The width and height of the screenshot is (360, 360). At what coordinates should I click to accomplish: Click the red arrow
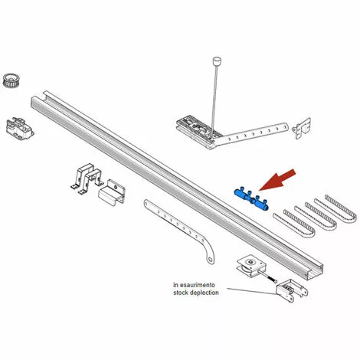[278, 179]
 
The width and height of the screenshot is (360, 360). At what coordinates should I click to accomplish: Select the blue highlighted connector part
[251, 199]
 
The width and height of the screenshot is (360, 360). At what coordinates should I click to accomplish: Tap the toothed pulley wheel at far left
[11, 80]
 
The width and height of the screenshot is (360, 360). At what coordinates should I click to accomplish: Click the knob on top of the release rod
[217, 61]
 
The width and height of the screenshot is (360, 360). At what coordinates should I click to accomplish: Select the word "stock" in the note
[181, 293]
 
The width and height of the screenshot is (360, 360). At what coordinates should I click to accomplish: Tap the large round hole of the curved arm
[210, 260]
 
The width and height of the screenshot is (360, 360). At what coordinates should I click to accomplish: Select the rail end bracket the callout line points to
[292, 291]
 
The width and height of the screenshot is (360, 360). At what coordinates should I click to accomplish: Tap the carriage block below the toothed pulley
[19, 129]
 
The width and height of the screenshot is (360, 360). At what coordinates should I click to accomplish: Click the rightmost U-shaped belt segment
[341, 208]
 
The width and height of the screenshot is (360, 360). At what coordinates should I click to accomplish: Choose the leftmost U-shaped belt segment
[293, 225]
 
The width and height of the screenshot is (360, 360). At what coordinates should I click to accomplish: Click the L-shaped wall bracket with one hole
[112, 192]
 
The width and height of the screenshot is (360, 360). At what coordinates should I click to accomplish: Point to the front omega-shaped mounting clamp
[91, 181]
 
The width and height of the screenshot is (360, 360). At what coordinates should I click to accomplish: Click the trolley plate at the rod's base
[198, 132]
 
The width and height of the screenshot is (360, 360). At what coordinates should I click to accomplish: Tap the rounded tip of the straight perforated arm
[286, 126]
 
